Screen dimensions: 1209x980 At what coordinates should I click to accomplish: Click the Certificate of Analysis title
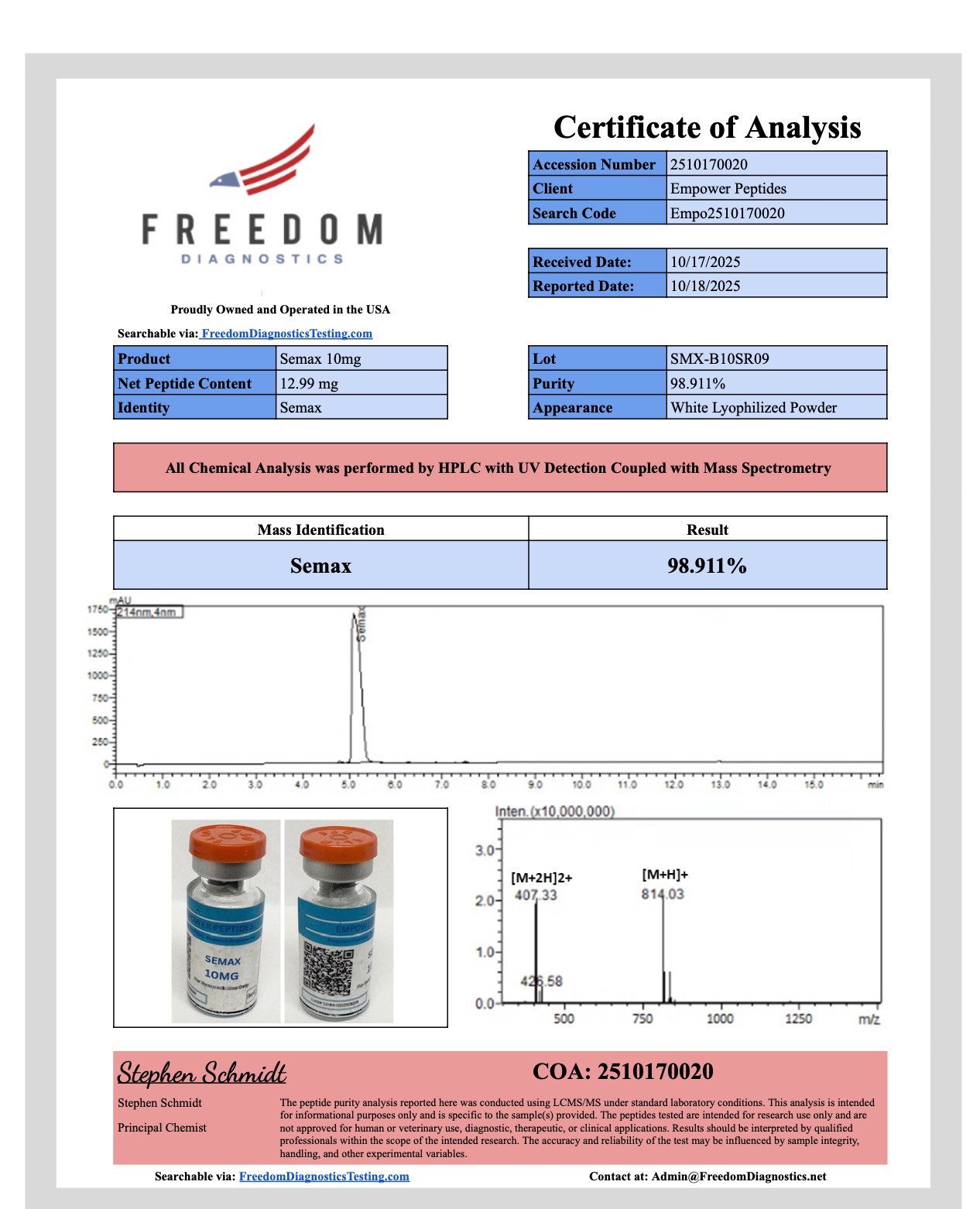707,128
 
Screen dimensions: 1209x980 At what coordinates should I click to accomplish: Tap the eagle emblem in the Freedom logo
224,181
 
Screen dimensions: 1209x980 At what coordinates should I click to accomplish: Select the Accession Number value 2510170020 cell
776,164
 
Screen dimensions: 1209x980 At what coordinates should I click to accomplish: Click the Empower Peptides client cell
776,189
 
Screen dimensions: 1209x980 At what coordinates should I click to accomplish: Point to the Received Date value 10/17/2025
776,262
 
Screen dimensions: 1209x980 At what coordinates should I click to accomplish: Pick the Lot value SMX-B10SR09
776,359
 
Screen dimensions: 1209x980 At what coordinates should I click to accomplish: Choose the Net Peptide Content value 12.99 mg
361,384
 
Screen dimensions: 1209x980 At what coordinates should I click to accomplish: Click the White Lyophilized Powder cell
776,408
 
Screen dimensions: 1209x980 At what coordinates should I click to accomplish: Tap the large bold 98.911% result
707,566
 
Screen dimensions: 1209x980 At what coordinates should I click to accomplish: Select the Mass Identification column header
320,530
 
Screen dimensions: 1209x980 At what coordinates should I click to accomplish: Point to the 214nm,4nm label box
149,612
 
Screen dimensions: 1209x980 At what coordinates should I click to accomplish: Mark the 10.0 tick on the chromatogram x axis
581,785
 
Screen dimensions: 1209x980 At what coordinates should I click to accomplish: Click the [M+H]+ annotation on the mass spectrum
665,875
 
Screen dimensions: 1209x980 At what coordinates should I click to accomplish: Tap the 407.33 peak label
536,896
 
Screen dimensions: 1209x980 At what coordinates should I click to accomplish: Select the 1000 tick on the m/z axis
720,1019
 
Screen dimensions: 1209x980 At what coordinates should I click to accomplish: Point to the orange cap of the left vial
227,840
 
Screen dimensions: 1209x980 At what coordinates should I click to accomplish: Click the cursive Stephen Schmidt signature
202,1074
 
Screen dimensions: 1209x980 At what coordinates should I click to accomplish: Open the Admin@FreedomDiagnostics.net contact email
738,1176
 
